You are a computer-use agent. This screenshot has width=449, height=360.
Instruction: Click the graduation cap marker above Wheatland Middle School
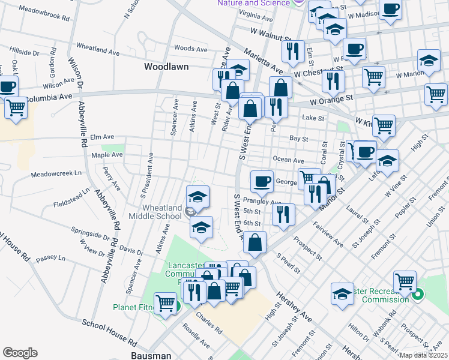(198, 196)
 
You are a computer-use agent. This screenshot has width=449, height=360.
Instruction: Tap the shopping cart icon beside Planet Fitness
(165, 302)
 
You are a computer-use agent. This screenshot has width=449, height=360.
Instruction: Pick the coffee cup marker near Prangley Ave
(262, 181)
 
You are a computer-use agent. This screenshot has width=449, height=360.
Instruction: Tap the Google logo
(20, 352)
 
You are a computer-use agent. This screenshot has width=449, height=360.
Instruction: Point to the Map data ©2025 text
(423, 355)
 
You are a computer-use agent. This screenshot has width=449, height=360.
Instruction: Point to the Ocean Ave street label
(288, 160)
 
